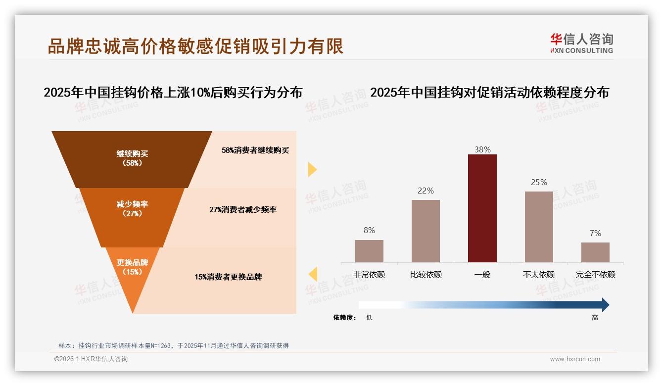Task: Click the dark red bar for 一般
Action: (482, 208)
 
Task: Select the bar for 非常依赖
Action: (369, 251)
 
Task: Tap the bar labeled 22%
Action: (426, 231)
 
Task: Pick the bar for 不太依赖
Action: (539, 227)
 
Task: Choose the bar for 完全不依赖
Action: (595, 252)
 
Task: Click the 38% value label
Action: (482, 149)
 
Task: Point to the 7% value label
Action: (595, 233)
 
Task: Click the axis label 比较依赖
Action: (426, 275)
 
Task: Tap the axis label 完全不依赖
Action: (595, 275)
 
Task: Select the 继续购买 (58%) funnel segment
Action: (132, 158)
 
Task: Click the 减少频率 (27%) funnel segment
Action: (132, 208)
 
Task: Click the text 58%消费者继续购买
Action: (255, 150)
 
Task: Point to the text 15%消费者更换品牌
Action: (228, 277)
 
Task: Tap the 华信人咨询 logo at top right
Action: (581, 43)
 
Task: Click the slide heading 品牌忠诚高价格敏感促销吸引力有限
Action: (195, 47)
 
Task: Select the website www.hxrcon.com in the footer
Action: (575, 359)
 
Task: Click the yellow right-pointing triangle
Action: (312, 169)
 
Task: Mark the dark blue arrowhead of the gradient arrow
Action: (605, 305)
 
